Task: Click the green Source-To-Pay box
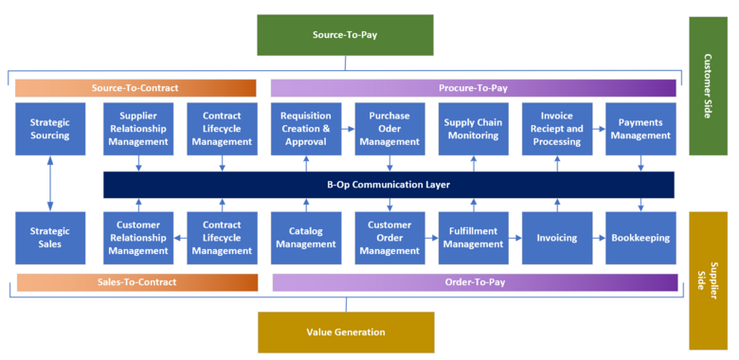point(345,35)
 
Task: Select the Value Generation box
point(345,333)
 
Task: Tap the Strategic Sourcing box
point(49,129)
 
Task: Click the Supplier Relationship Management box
point(138,129)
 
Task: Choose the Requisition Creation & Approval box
point(305,129)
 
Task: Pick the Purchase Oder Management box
point(388,129)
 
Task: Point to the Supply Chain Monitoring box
point(473,129)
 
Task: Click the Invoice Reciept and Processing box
point(556,129)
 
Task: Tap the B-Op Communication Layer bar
point(388,185)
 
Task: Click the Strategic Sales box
point(49,238)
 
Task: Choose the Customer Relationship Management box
point(138,238)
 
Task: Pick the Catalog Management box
point(305,238)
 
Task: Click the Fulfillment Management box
point(473,238)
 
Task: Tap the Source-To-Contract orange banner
point(135,88)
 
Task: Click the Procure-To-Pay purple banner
point(474,88)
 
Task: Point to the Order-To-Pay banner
point(474,282)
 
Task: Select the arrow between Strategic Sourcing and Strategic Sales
point(49,184)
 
